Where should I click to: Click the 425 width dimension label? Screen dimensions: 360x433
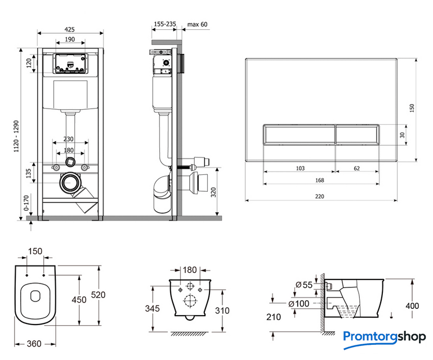70,30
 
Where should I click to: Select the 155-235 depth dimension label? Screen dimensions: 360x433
164,24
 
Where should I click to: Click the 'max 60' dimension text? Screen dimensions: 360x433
197,24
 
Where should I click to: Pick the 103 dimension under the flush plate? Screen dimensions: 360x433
300,168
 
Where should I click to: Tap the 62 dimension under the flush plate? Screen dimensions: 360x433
357,168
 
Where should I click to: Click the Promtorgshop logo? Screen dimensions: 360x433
385,337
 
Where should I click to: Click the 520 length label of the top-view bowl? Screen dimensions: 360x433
100,295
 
